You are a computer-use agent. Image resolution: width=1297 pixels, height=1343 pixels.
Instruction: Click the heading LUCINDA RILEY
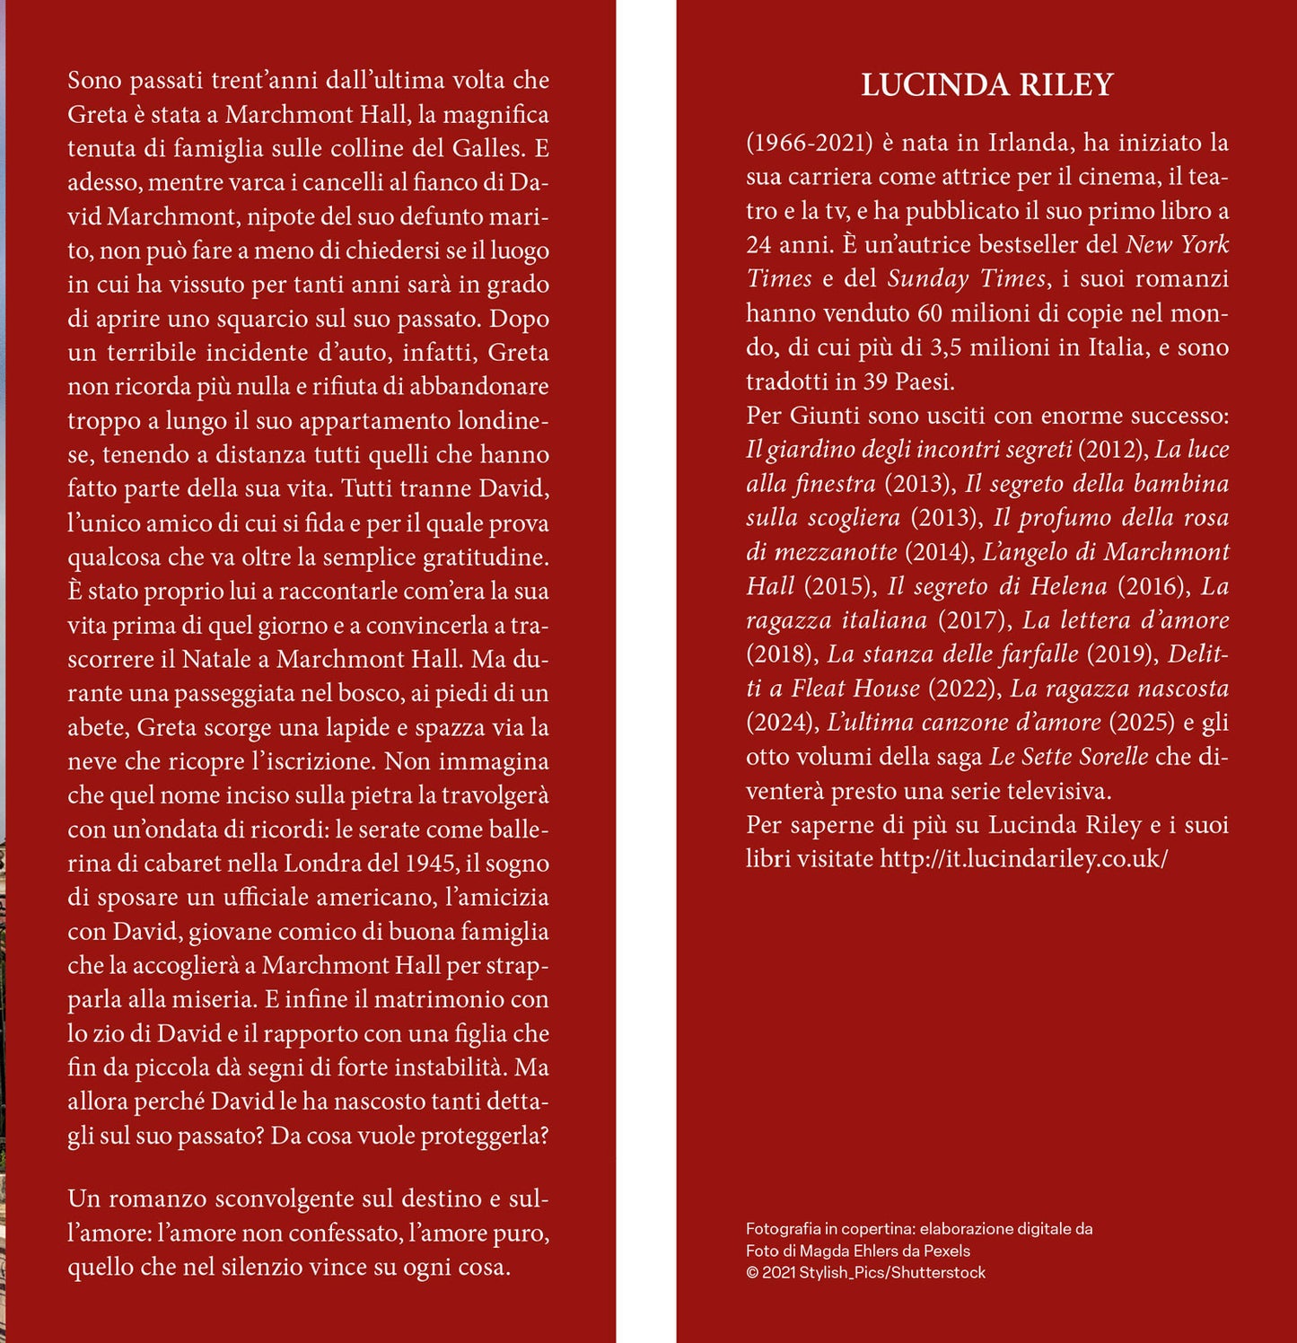pos(986,85)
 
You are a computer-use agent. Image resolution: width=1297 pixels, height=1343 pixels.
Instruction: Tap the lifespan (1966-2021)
pos(809,143)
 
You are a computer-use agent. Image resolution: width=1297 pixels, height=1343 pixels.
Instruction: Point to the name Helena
pos(1068,586)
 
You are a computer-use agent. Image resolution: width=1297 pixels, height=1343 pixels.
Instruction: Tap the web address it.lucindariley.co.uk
pos(1022,859)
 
